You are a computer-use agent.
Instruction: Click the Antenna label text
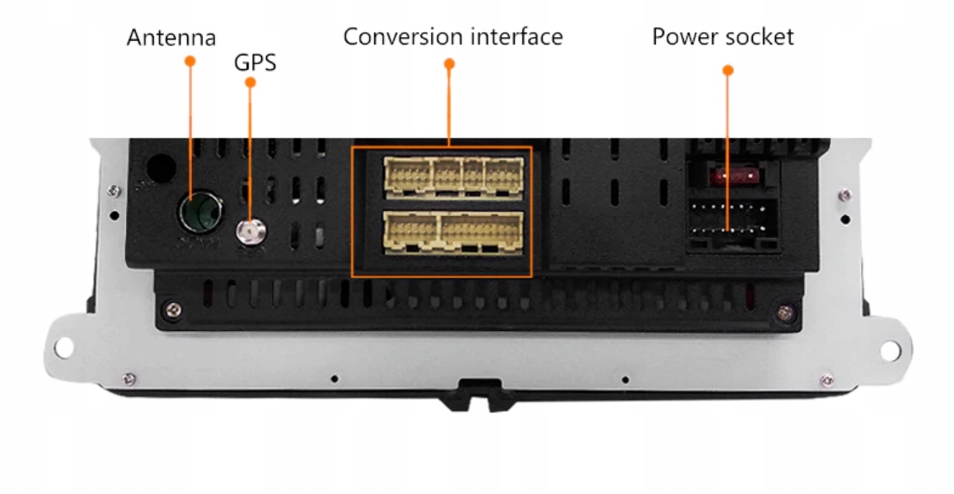(x=171, y=38)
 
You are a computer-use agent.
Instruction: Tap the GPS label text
(x=255, y=63)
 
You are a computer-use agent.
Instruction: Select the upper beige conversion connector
(x=453, y=175)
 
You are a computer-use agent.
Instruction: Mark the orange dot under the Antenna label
(x=190, y=61)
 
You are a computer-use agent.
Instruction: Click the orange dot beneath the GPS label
(x=250, y=83)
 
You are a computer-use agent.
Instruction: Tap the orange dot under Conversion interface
(x=449, y=63)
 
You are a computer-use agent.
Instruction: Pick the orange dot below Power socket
(x=727, y=71)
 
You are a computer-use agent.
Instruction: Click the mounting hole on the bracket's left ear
(x=63, y=348)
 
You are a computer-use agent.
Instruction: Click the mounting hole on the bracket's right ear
(x=890, y=350)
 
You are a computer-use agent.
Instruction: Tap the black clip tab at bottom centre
(x=476, y=394)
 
